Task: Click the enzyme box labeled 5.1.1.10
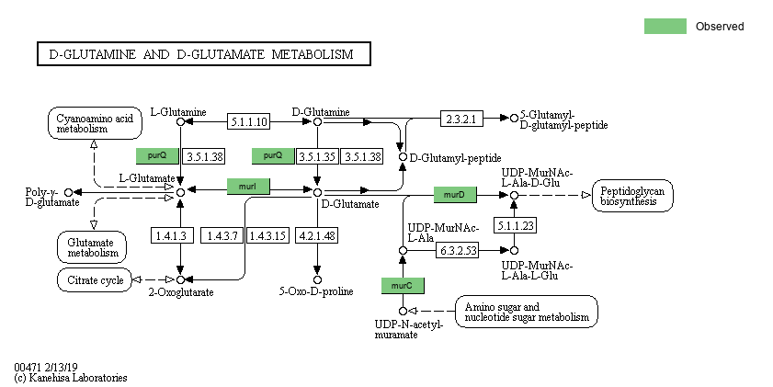(x=249, y=121)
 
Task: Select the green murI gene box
(x=247, y=187)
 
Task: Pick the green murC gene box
(x=402, y=286)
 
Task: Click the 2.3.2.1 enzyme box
(x=461, y=119)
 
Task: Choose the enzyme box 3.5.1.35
(x=317, y=156)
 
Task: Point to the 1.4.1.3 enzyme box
(x=171, y=236)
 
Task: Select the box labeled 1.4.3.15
(x=267, y=236)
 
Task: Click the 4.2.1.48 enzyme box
(x=317, y=236)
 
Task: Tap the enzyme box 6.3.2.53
(x=457, y=250)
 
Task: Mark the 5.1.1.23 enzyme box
(x=515, y=224)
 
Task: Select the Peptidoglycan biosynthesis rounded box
(x=633, y=195)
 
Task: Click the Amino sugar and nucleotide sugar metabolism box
(x=526, y=312)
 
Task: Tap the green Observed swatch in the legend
(x=665, y=27)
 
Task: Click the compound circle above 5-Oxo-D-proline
(x=317, y=279)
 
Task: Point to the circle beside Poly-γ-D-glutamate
(x=68, y=192)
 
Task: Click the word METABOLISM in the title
(x=312, y=55)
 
